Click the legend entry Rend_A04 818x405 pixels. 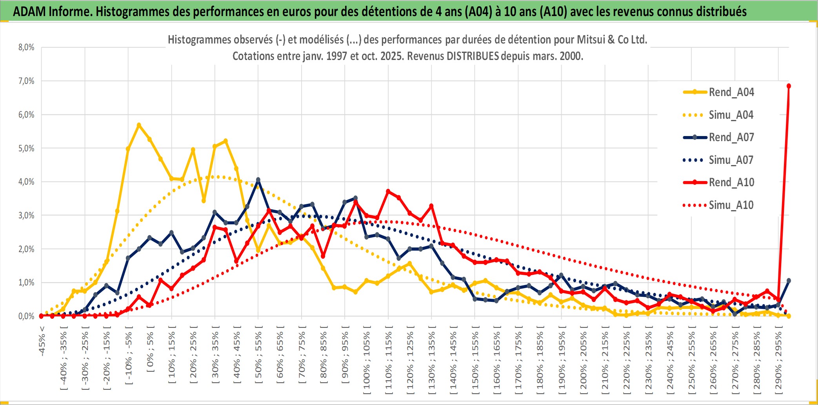point(731,92)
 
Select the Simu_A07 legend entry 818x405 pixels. point(731,160)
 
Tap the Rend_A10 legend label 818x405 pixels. point(731,182)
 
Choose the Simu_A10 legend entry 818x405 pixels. point(731,205)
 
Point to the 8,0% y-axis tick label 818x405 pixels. point(26,47)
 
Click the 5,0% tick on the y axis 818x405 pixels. point(26,148)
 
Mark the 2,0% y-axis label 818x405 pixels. point(26,249)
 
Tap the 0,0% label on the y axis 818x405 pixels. point(26,316)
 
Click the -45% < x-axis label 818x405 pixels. point(42,341)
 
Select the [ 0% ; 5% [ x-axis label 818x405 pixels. point(151,349)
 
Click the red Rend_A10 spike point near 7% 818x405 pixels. point(789,86)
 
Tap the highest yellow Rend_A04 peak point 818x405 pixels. point(139,125)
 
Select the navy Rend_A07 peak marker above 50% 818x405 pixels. point(258,180)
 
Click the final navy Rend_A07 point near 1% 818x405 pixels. point(789,281)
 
